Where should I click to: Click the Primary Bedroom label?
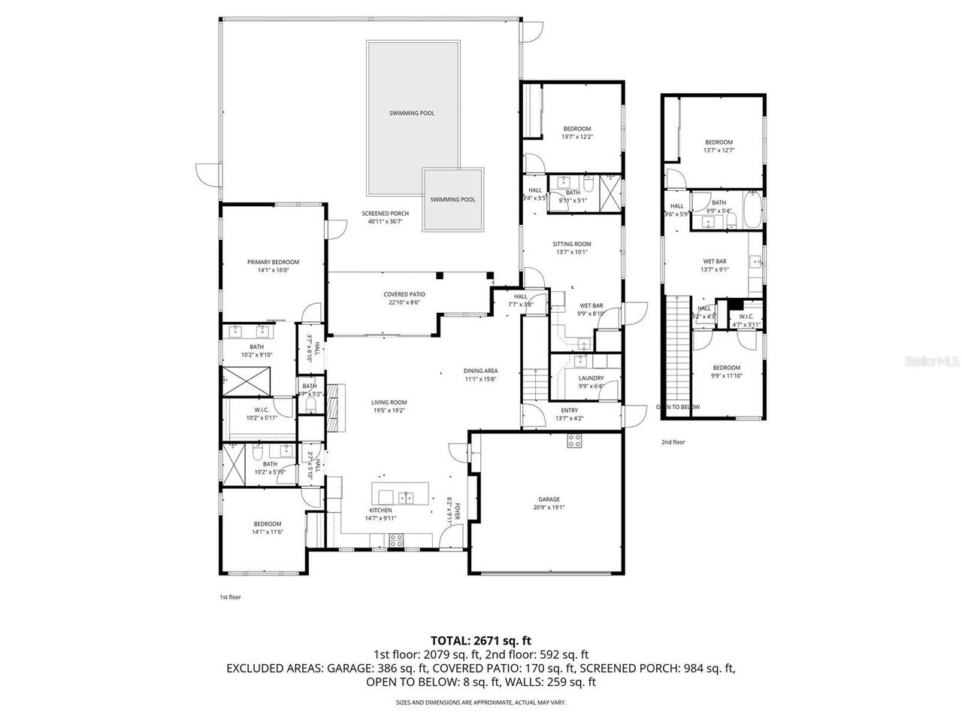[x=273, y=262]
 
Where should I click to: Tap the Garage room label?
[x=549, y=499]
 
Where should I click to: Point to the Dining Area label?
[x=480, y=371]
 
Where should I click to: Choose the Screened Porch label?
[x=385, y=214]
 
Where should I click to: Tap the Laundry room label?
[x=591, y=378]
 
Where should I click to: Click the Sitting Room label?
[x=572, y=244]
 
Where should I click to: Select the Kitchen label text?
[x=380, y=510]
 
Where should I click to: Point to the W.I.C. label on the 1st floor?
[x=262, y=410]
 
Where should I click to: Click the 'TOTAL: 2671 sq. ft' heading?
[x=481, y=641]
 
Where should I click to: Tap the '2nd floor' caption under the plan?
[x=673, y=442]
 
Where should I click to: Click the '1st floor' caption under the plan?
[x=230, y=596]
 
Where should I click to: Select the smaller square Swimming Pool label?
[x=452, y=199]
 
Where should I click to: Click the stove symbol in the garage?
[x=574, y=442]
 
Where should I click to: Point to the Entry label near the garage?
[x=569, y=410]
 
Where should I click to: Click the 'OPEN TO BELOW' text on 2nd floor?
[x=677, y=407]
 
